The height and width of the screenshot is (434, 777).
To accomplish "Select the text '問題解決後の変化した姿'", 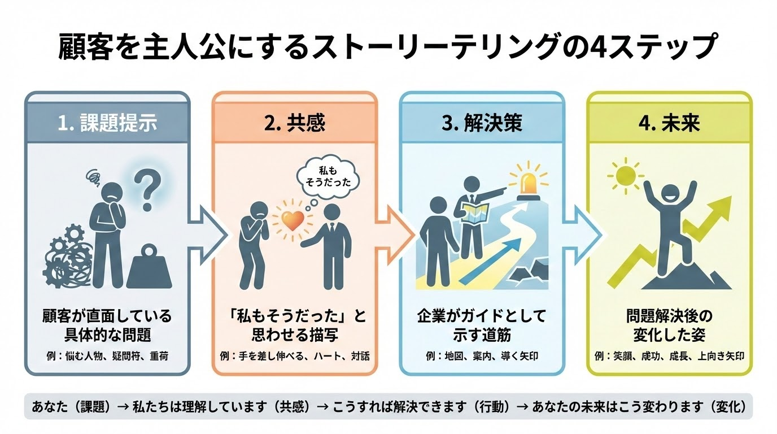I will [x=670, y=323].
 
